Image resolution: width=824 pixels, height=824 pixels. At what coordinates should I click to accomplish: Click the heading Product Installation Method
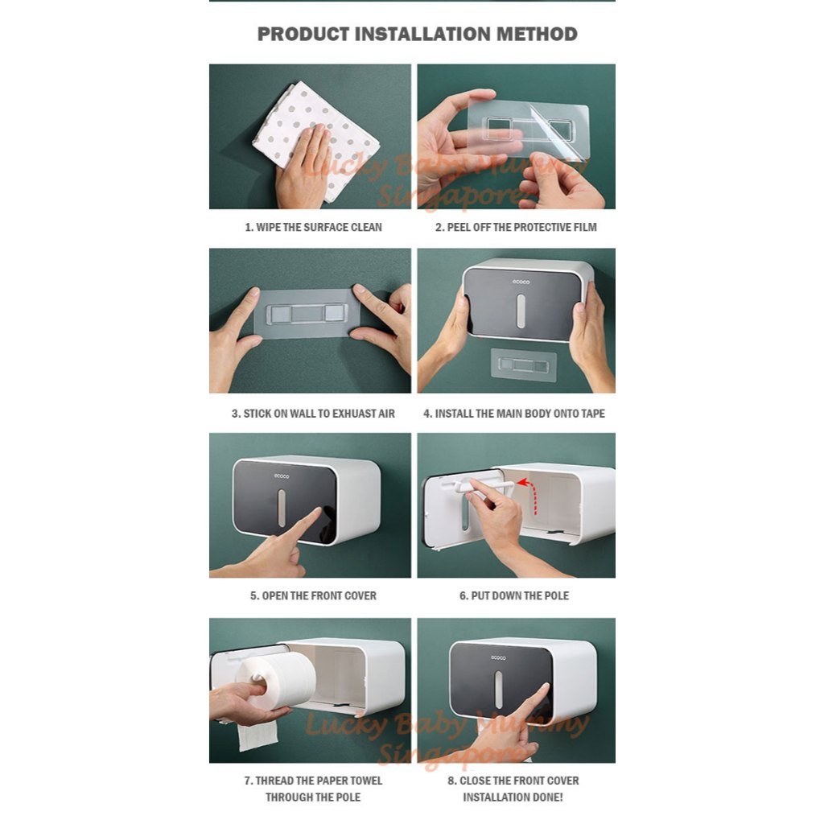(417, 35)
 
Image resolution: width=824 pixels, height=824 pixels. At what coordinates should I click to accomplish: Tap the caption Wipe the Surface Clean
(313, 227)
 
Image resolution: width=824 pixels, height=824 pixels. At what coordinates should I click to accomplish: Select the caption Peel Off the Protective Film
(516, 227)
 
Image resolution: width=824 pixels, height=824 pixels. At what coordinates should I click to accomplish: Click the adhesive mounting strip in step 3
(307, 313)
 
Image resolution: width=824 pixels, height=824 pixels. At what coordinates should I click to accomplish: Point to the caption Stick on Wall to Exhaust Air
(313, 413)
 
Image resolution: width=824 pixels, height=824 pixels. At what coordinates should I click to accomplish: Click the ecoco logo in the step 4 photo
(522, 282)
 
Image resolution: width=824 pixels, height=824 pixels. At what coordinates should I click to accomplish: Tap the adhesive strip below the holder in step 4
(524, 365)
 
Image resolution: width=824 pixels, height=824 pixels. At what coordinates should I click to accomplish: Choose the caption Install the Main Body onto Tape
(514, 413)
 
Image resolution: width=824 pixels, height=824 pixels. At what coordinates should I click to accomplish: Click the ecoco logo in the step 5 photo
(282, 476)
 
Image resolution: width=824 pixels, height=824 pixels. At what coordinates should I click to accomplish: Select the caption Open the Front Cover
(313, 595)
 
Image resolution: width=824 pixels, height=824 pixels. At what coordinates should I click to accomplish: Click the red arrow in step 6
(528, 485)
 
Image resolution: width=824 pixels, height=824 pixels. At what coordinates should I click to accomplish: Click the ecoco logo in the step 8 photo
(499, 658)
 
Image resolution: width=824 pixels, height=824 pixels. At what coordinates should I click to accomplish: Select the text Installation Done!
(513, 797)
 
